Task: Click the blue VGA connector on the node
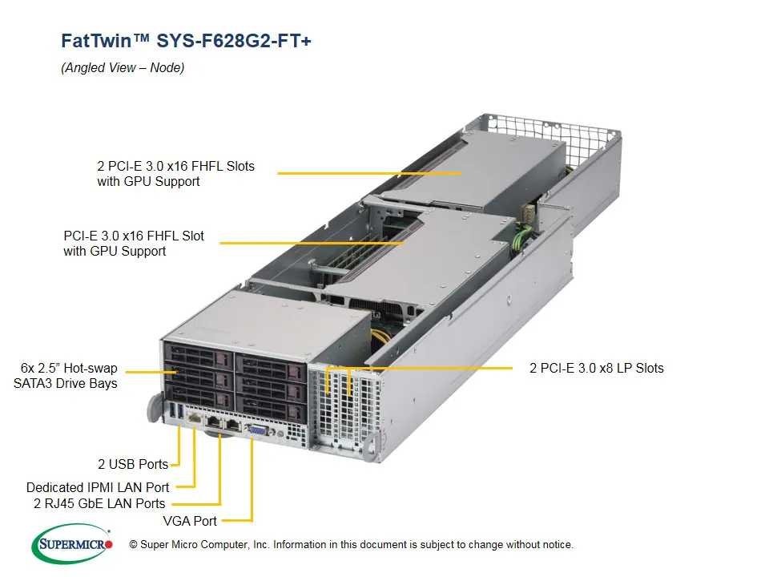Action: pos(256,430)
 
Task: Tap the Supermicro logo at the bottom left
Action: pos(71,544)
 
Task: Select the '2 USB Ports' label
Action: pos(133,464)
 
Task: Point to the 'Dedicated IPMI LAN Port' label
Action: pos(98,487)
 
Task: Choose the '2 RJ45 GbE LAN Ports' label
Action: pos(99,503)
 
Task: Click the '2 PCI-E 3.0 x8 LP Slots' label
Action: pos(596,368)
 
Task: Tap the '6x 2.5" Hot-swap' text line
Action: pos(70,369)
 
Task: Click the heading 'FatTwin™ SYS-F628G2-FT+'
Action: pos(186,41)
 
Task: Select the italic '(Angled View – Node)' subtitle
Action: pos(123,68)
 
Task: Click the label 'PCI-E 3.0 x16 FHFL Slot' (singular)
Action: pos(134,236)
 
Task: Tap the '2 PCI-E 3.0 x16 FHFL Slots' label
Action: pos(175,166)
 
